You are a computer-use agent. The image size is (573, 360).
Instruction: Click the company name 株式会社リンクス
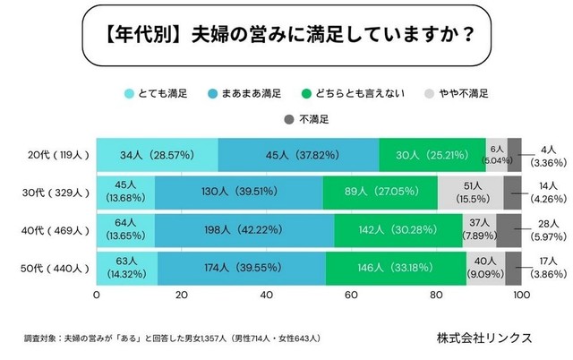(x=484, y=338)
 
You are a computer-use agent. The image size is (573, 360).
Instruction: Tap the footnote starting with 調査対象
(x=171, y=339)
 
